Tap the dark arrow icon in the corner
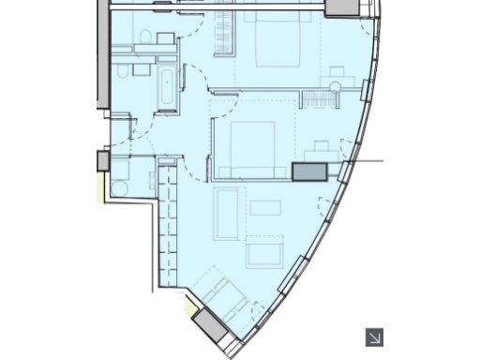pyautogui.click(x=374, y=337)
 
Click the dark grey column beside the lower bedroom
pyautogui.click(x=308, y=172)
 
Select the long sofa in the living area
pyautogui.click(x=227, y=213)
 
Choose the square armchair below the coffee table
pyautogui.click(x=263, y=252)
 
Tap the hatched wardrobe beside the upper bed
pyautogui.click(x=224, y=32)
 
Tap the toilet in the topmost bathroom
pyautogui.click(x=145, y=37)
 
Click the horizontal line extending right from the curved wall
pyautogui.click(x=367, y=161)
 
